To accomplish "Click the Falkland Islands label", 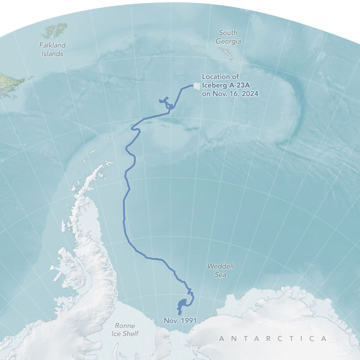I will [x=52, y=49].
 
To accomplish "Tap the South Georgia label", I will [x=228, y=37].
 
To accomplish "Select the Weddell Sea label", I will [x=220, y=270].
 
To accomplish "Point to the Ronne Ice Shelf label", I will [x=125, y=329].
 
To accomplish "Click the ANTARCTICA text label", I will [x=273, y=339].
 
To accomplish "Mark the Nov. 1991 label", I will [x=180, y=320].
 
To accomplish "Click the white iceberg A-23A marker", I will [x=196, y=86].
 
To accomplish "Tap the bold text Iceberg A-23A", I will [x=223, y=85].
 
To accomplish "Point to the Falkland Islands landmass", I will [x=52, y=31].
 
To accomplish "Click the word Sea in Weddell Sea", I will [x=220, y=275].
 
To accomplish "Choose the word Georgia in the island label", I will [x=228, y=41].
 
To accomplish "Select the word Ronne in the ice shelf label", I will [x=125, y=325].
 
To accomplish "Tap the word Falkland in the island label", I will [x=52, y=45].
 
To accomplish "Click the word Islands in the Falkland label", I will [x=52, y=53].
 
